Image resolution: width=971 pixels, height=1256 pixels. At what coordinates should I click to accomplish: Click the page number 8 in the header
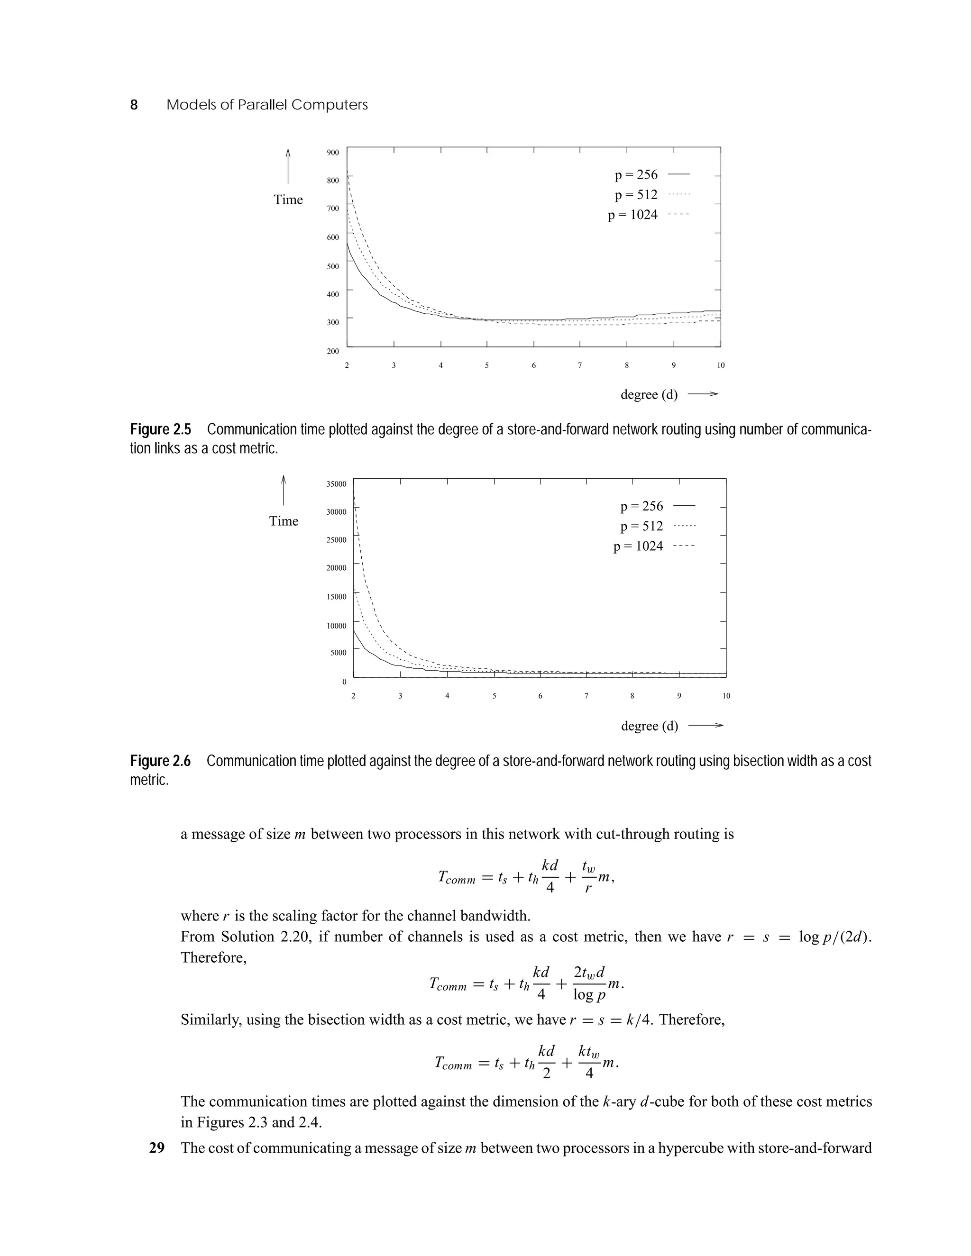pos(134,105)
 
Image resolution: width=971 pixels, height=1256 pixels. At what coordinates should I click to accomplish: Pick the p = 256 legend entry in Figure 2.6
pos(641,506)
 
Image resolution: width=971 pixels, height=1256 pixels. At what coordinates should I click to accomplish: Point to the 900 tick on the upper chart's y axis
pos(333,153)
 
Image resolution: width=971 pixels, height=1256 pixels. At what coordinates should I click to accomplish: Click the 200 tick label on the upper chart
pos(333,351)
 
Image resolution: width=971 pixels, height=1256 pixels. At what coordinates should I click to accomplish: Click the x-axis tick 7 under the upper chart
pos(580,365)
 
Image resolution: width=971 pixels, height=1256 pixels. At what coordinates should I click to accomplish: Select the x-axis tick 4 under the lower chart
pos(447,696)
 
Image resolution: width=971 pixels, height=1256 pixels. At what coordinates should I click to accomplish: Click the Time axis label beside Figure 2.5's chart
pos(288,200)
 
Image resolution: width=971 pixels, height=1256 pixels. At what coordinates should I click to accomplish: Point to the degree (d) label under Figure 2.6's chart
pos(650,726)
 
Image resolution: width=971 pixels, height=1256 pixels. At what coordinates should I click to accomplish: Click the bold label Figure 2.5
pos(161,429)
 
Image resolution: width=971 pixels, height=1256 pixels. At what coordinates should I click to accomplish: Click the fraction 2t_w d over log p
pos(589,983)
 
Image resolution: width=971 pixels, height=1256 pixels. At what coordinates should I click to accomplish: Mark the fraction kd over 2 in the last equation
pos(547,1062)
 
